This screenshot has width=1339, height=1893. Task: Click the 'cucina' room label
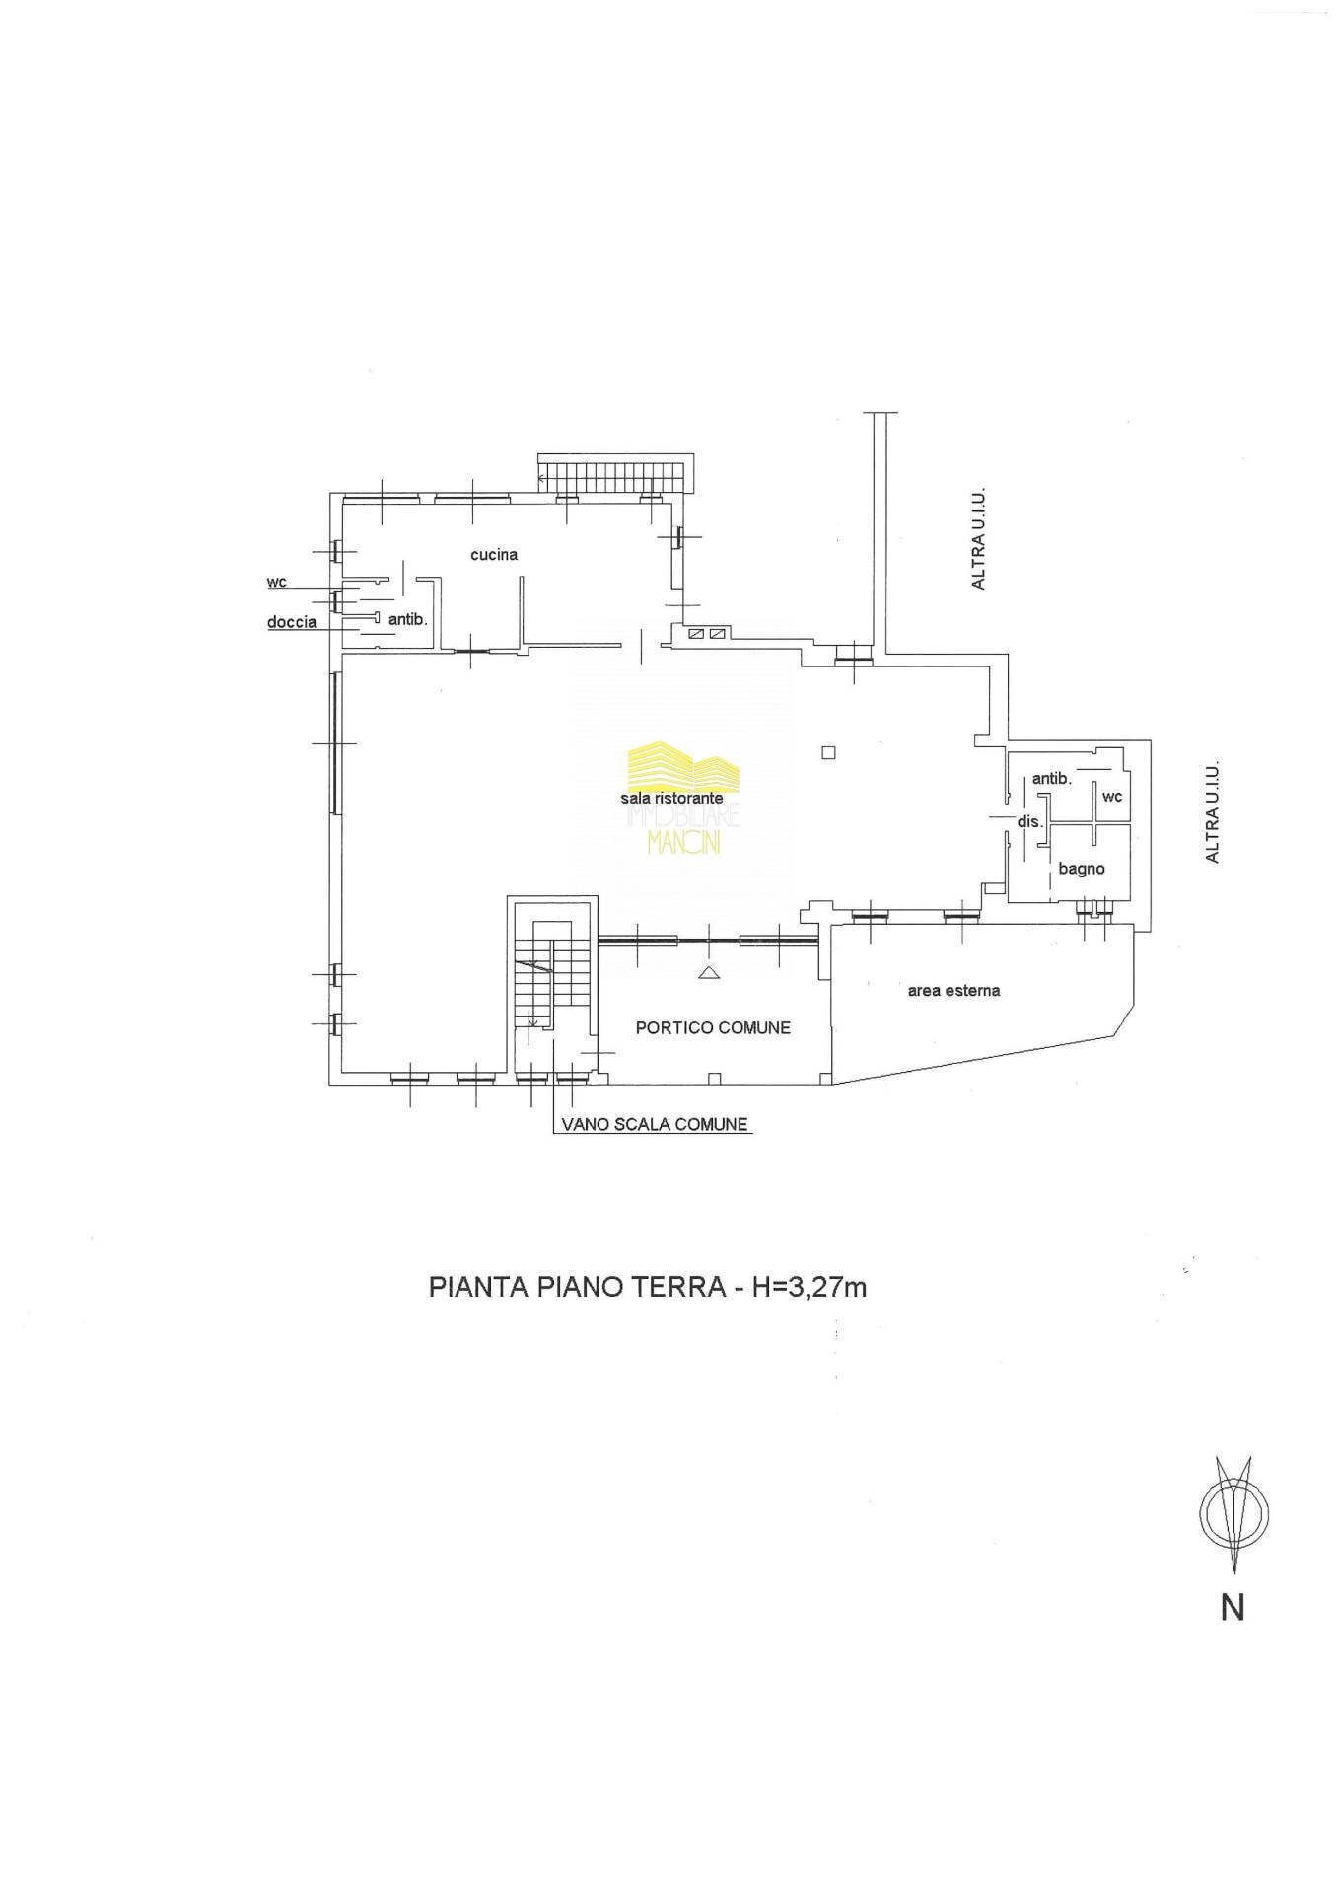[493, 555]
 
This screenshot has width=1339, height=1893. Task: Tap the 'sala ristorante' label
[671, 798]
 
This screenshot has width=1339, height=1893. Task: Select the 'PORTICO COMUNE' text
[713, 1027]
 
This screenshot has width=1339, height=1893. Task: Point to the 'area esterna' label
[953, 990]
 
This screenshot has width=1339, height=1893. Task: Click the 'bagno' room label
[1081, 869]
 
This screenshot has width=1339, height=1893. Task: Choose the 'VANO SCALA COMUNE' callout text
[654, 1124]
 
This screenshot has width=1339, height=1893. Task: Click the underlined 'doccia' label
[292, 622]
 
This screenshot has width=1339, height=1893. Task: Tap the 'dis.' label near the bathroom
[1029, 821]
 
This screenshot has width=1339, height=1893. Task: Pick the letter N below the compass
[1233, 1608]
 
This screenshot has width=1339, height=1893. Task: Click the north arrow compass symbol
[1233, 1513]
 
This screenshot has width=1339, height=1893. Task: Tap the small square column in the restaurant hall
[828, 753]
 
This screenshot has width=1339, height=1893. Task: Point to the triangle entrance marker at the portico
[708, 973]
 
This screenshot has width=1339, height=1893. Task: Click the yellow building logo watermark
[683, 765]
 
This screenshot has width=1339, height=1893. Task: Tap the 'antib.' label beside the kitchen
[406, 620]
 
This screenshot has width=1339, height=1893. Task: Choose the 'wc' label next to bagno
[1111, 796]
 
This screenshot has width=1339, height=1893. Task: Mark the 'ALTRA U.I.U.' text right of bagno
[1213, 810]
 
